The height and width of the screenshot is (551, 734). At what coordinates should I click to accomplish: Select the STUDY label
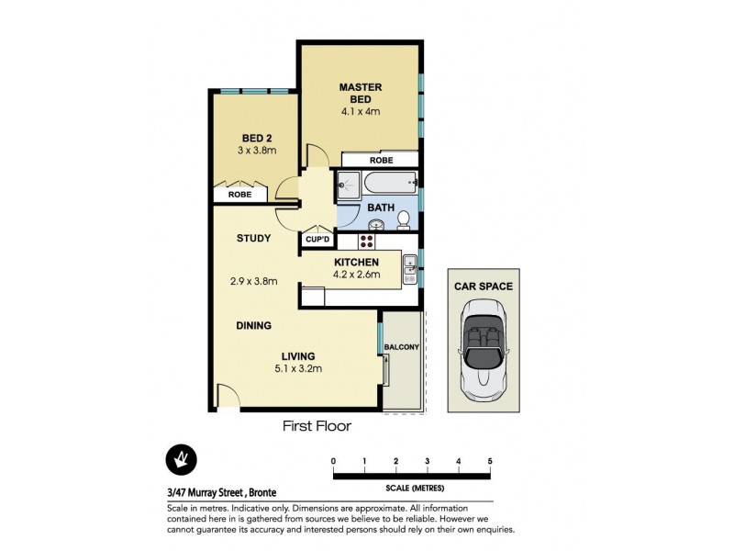click(x=253, y=239)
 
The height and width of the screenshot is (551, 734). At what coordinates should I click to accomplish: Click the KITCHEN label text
click(x=356, y=263)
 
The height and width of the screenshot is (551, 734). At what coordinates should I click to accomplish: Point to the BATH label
click(x=381, y=208)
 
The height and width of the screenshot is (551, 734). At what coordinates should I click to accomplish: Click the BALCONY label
click(x=403, y=346)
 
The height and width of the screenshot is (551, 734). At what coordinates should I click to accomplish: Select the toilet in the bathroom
click(x=403, y=218)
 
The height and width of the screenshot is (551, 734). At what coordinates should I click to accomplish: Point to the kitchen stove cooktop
click(x=367, y=242)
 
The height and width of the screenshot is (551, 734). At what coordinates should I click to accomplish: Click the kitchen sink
click(x=409, y=268)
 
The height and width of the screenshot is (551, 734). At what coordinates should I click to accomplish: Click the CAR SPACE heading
click(x=484, y=287)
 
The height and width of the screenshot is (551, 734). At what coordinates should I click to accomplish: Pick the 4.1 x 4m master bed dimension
click(x=360, y=112)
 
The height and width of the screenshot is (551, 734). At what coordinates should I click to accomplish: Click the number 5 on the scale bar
click(x=490, y=461)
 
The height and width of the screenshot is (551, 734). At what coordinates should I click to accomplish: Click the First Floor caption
click(x=316, y=426)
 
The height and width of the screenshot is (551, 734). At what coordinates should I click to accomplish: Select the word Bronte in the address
click(x=260, y=493)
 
